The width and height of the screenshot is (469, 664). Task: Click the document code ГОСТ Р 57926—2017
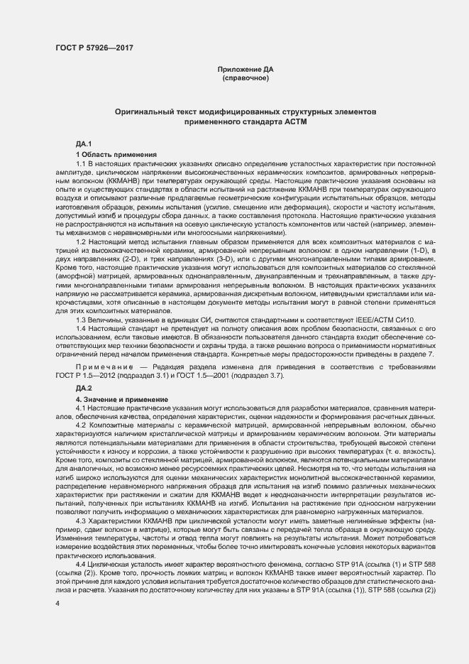94,48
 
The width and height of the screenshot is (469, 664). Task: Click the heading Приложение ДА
243,69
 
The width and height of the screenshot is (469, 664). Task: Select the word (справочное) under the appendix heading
243,77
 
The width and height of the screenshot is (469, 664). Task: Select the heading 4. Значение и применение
121,401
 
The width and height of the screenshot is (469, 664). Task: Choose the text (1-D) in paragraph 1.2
417,251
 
